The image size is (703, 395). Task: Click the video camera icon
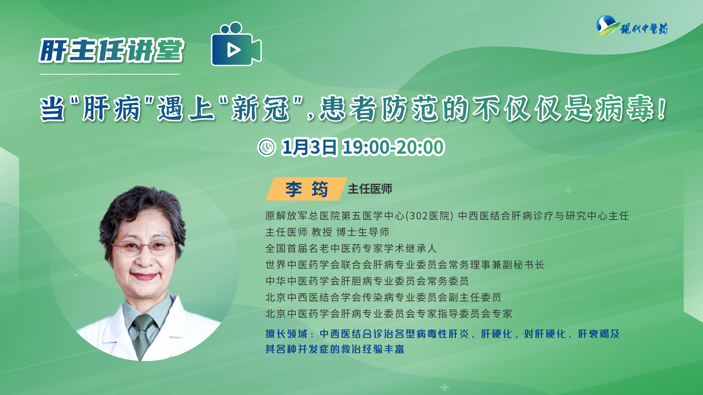236,44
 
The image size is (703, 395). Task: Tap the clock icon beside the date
267,147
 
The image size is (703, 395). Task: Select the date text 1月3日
309,147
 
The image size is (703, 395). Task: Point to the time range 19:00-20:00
394,147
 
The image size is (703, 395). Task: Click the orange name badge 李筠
306,189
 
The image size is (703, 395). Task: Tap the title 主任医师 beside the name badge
370,189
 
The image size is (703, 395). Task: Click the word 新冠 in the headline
260,108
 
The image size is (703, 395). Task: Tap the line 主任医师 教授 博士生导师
327,232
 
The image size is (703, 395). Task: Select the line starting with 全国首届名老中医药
351,248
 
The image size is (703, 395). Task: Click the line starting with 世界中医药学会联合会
405,265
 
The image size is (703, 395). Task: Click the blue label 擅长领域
287,334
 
